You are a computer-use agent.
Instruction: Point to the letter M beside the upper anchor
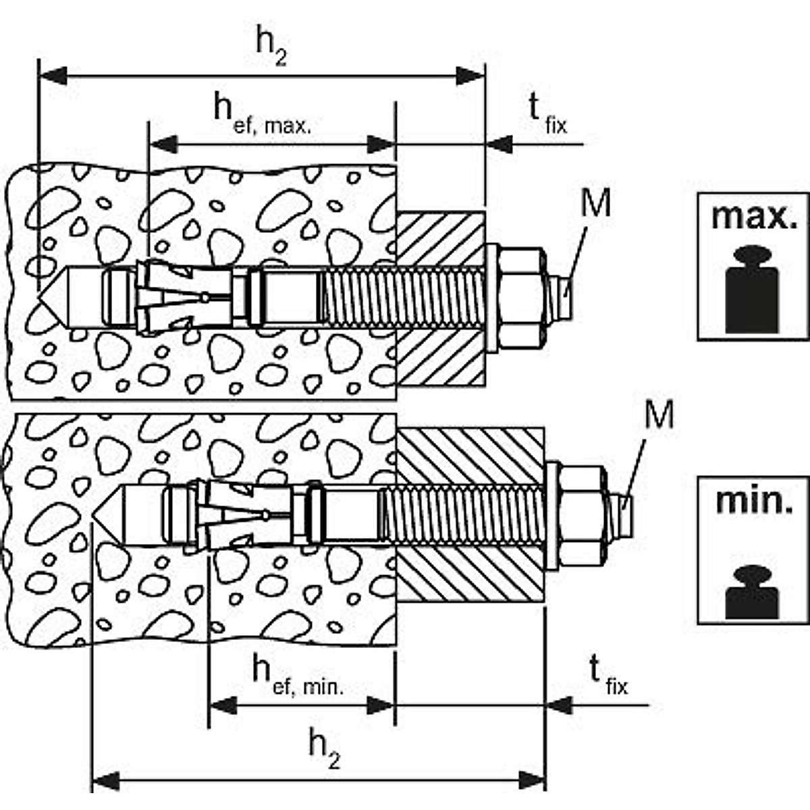(x=595, y=203)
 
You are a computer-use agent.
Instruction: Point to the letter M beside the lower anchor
(x=659, y=414)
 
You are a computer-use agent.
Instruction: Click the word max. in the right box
(x=754, y=217)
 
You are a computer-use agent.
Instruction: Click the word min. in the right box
(x=754, y=502)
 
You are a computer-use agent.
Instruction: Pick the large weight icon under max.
(x=752, y=290)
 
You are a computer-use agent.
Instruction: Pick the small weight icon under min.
(x=752, y=592)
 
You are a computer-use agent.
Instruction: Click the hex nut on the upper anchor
(x=522, y=298)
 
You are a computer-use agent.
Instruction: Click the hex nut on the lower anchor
(x=583, y=517)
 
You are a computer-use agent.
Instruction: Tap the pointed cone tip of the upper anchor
(x=38, y=298)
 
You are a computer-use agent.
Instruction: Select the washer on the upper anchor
(x=492, y=298)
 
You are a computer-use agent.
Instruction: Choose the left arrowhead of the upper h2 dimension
(x=53, y=76)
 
